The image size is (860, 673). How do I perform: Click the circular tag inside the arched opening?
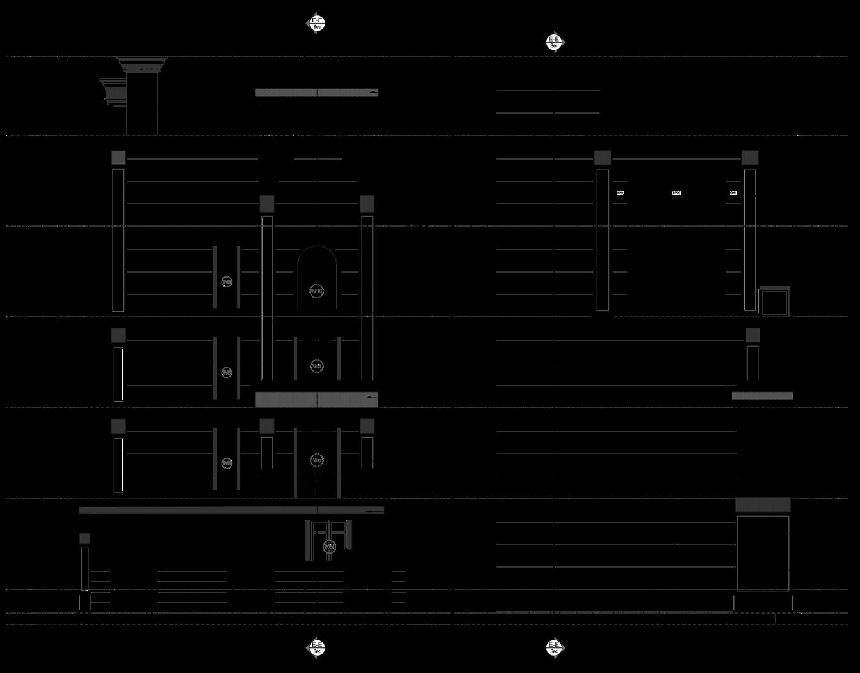click(317, 291)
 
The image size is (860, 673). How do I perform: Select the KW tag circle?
click(330, 547)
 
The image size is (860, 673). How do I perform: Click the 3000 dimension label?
click(677, 193)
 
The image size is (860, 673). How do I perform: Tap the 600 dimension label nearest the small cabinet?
click(733, 193)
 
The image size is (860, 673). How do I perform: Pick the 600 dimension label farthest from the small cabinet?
click(620, 193)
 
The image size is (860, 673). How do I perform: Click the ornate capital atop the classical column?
click(142, 64)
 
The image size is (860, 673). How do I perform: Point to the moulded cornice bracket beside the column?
click(112, 92)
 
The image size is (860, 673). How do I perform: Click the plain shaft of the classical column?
click(142, 105)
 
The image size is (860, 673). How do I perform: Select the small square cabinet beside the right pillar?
click(774, 302)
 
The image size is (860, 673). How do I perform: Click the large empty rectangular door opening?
click(763, 553)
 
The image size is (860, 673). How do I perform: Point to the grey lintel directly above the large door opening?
click(763, 505)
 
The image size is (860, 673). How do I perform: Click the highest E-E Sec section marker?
click(317, 23)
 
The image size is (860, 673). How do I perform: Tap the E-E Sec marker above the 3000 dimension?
click(554, 42)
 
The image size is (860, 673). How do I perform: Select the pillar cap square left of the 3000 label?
click(603, 157)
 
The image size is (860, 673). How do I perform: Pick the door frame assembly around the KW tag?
click(330, 540)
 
